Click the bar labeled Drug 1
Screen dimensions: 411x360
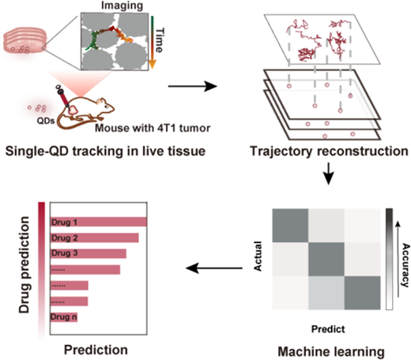pos(99,222)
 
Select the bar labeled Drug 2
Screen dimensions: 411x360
pos(95,237)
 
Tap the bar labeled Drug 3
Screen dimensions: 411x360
pos(89,253)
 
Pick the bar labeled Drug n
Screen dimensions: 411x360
pos(64,316)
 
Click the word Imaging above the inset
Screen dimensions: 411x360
pos(122,6)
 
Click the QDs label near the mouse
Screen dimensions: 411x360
pos(46,120)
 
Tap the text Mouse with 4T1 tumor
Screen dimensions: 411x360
pos(153,128)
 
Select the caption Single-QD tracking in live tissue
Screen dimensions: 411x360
pos(105,151)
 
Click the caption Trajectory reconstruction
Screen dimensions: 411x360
pos(329,151)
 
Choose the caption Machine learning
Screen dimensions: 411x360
pos(331,351)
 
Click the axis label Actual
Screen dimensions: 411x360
pos(258,256)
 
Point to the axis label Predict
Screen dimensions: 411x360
pos(328,329)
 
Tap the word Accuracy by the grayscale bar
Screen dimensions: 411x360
pos(405,265)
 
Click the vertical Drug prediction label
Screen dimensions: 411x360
pos(25,265)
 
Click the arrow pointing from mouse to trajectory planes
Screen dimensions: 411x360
pos(193,86)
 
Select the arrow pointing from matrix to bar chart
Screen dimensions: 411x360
pos(214,268)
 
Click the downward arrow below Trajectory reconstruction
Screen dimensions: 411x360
pos(328,174)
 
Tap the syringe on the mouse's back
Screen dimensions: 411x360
pos(63,97)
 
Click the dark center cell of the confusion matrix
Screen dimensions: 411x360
pos(326,260)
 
